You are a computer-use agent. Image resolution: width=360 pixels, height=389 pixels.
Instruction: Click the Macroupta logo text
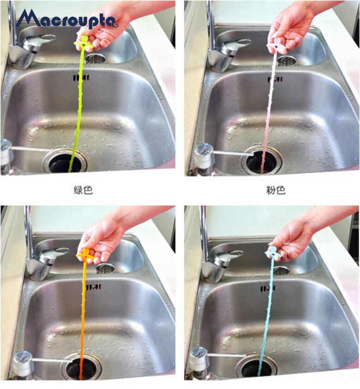pos(67,19)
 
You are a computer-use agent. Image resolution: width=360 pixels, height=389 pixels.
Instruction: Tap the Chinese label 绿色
pos(83,190)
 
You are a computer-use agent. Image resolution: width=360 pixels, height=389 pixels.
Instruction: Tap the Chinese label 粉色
pos(276,190)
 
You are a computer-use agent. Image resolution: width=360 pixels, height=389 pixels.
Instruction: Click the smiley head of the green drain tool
pos(84,39)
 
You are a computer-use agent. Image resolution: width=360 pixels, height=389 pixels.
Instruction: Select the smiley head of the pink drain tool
pos(276,41)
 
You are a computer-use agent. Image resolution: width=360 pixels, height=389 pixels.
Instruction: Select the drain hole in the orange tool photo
pos(81,367)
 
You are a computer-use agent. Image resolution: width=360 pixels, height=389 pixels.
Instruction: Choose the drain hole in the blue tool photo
pos(256,367)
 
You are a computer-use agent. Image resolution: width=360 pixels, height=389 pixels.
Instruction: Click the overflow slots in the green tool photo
pos(81,78)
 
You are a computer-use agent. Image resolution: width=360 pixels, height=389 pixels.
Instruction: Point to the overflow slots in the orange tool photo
pos(93,287)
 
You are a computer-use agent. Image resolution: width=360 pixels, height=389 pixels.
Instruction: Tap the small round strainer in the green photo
pos(96,59)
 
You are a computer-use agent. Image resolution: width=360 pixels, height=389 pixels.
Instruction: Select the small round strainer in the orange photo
pos(106,268)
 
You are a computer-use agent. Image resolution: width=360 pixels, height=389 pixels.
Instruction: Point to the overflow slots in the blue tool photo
pos(268,289)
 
